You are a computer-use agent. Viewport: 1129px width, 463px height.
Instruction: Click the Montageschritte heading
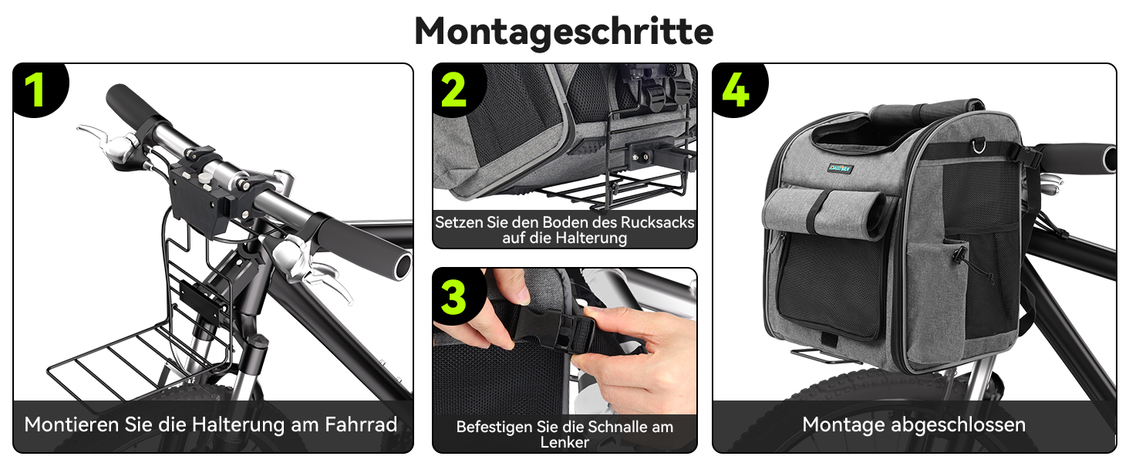click(x=564, y=32)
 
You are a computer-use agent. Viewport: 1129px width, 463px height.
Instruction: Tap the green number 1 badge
click(x=35, y=90)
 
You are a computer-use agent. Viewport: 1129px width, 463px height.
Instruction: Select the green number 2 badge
click(x=453, y=90)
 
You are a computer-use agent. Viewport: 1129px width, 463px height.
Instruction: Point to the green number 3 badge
click(x=453, y=297)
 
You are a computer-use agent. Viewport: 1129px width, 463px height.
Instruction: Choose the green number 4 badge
click(x=736, y=90)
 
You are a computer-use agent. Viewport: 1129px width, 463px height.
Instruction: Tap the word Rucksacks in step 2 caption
click(x=657, y=222)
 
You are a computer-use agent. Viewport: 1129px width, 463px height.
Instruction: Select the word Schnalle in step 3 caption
click(x=618, y=427)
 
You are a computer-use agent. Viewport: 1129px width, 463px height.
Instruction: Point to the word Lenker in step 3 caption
click(x=564, y=442)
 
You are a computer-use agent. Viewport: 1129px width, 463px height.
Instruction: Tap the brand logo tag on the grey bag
click(x=841, y=168)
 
